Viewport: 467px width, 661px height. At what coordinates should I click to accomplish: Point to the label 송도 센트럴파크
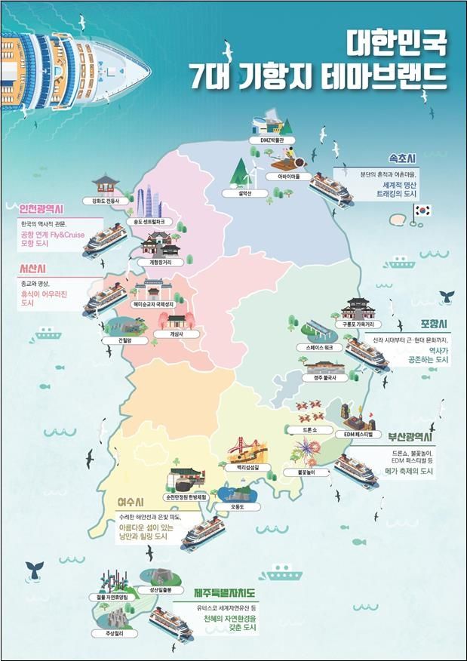coord(148,223)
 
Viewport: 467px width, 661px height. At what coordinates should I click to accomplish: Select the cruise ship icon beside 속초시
coord(333,189)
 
